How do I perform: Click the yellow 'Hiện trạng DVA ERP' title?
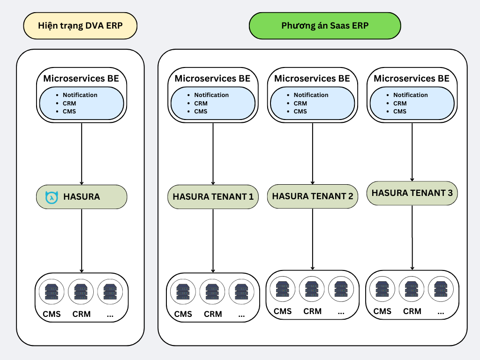coord(80,25)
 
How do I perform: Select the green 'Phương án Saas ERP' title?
coord(325,25)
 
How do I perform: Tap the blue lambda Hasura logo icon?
coord(50,197)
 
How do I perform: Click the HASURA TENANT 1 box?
coord(213,197)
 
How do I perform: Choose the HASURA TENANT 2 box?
coord(312,196)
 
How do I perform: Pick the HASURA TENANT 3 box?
coord(412,193)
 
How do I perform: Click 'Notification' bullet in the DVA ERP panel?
coord(80,95)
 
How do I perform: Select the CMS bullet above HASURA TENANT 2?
coord(300,111)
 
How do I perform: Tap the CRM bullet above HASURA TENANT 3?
coord(400,103)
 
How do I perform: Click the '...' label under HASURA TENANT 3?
coord(441,311)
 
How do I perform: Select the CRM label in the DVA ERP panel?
coord(81,314)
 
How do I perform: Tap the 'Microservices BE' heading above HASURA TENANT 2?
coord(312,78)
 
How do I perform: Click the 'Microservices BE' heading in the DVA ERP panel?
coord(81,78)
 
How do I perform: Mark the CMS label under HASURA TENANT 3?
coord(382,311)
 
